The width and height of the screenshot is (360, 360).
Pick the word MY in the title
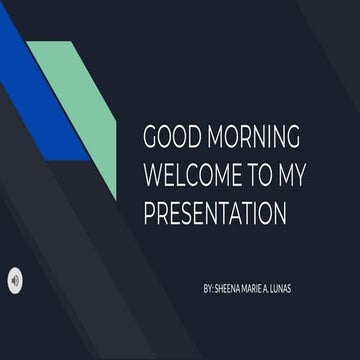291,176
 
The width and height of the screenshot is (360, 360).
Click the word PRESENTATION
215,213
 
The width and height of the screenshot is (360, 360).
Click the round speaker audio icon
15,280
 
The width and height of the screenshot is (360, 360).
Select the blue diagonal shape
40,100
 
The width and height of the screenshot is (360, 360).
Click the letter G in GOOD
152,138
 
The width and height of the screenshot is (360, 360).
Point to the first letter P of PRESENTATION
150,213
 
